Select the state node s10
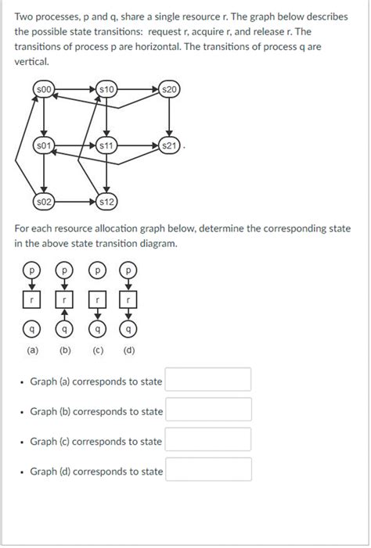pyautogui.click(x=107, y=91)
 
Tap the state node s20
pyautogui.click(x=169, y=91)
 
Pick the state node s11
pyautogui.click(x=107, y=145)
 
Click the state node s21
pyautogui.click(x=169, y=145)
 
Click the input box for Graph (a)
pyautogui.click(x=208, y=381)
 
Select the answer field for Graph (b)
pyautogui.click(x=208, y=410)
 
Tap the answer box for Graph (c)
pyautogui.click(x=208, y=440)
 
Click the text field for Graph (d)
pyautogui.click(x=208, y=471)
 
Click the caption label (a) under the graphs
pyautogui.click(x=31, y=350)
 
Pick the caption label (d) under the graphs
pyautogui.click(x=128, y=350)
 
